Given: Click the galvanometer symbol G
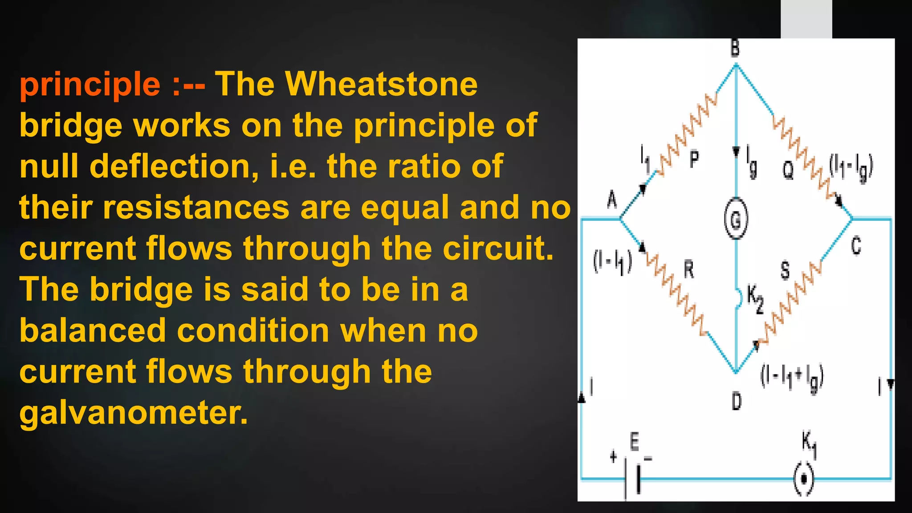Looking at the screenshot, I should click(736, 219).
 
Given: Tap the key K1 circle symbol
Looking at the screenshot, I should click(804, 479).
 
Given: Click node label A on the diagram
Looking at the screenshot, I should click(612, 199).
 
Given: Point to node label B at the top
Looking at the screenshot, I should click(735, 48).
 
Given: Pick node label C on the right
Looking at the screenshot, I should click(856, 246).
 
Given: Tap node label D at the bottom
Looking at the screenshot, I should click(737, 401).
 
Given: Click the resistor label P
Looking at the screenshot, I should click(694, 159).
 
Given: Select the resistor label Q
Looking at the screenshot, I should click(788, 169).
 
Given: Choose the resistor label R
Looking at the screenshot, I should click(688, 269).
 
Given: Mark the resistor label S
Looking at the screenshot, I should click(785, 270).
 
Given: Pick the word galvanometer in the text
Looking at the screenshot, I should click(133, 413).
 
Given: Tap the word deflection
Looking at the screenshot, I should click(174, 166).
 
